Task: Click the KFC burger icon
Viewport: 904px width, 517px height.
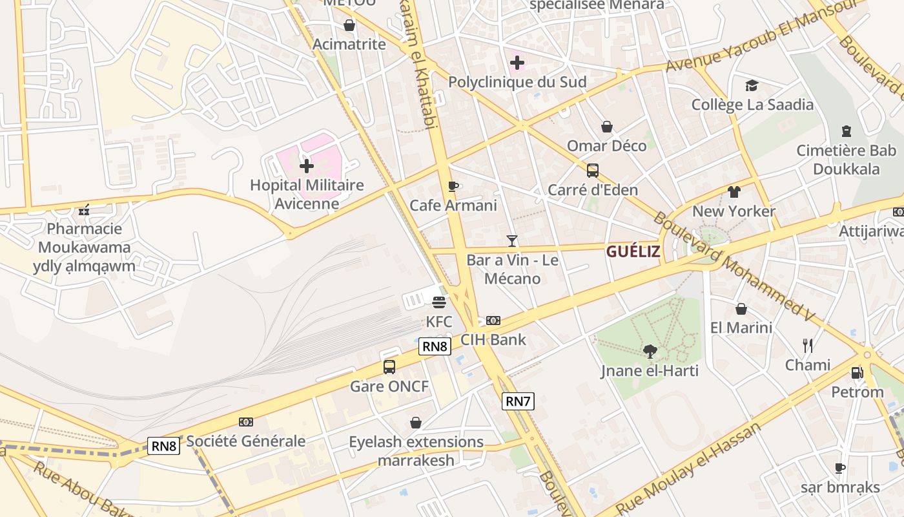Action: click(x=439, y=302)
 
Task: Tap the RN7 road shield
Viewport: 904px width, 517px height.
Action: click(x=518, y=401)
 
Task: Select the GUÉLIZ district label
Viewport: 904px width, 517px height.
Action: click(x=633, y=251)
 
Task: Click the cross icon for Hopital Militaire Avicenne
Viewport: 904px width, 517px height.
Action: click(x=307, y=166)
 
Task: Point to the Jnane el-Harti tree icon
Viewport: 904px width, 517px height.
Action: click(x=650, y=351)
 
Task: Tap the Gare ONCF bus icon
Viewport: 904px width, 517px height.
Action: click(x=389, y=367)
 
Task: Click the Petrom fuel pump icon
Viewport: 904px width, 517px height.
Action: click(x=857, y=373)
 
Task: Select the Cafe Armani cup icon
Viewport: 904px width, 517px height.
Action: click(x=453, y=187)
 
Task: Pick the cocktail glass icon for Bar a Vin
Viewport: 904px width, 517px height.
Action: click(x=512, y=241)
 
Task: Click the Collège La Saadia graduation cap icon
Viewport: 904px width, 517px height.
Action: click(x=752, y=85)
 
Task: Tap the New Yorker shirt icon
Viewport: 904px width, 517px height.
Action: click(x=734, y=192)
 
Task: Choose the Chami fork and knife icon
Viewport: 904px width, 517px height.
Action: click(x=807, y=346)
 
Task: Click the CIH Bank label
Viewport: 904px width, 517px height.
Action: click(x=493, y=339)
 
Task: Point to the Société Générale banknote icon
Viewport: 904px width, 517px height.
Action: click(x=245, y=422)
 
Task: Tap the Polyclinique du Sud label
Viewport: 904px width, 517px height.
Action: click(x=517, y=82)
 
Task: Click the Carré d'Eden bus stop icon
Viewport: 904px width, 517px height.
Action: click(x=592, y=171)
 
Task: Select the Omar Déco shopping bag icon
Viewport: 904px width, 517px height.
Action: click(x=606, y=127)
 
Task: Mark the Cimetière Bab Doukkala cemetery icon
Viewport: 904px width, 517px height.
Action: click(x=846, y=132)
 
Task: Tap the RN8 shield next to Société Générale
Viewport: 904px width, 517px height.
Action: click(x=163, y=445)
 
